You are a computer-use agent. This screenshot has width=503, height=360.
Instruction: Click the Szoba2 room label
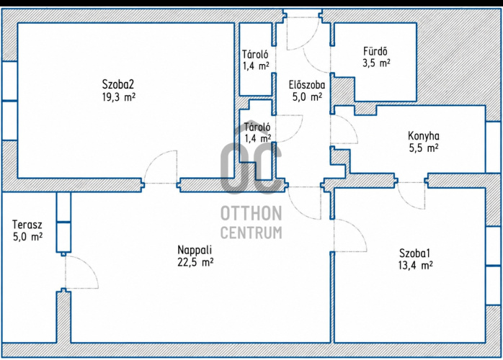[118, 85]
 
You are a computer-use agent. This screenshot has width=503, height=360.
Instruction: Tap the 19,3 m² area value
[119, 96]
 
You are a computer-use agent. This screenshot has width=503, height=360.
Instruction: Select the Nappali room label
[195, 249]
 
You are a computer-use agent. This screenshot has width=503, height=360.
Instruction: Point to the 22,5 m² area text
[195, 263]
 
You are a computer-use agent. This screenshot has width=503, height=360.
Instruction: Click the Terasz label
[27, 225]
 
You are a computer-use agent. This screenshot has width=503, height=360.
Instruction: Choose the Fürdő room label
[375, 51]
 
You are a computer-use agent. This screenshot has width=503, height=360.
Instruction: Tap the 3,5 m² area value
[376, 63]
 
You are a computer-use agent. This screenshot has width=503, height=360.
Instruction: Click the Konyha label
[424, 136]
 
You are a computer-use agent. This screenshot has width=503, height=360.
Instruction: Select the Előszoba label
[307, 85]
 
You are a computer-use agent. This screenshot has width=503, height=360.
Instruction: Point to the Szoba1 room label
[414, 253]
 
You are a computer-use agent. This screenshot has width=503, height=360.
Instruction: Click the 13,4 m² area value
[415, 266]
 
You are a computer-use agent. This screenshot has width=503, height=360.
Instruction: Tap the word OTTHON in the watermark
[251, 214]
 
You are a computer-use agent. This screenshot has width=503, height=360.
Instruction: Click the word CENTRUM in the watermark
[251, 232]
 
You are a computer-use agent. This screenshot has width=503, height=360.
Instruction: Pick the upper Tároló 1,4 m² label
[255, 60]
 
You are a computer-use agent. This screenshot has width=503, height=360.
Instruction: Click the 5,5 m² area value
[424, 148]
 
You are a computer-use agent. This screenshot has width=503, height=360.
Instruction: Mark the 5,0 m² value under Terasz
[27, 237]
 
